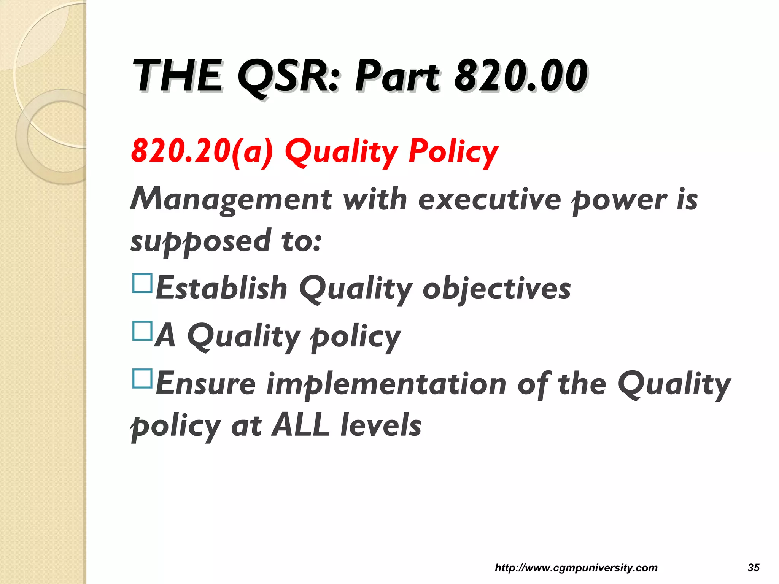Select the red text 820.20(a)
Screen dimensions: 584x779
(202, 151)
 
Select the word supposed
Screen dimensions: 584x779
(201, 242)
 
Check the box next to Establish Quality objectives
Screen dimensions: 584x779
(142, 283)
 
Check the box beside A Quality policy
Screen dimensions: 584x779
(142, 331)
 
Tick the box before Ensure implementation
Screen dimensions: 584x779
(142, 378)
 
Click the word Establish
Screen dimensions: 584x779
(221, 288)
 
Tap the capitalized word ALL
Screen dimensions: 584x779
(300, 425)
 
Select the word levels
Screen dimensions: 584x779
(381, 425)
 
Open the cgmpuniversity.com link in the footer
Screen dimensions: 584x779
(576, 568)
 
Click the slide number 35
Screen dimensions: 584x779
(754, 568)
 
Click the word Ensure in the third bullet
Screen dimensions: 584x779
(205, 383)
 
